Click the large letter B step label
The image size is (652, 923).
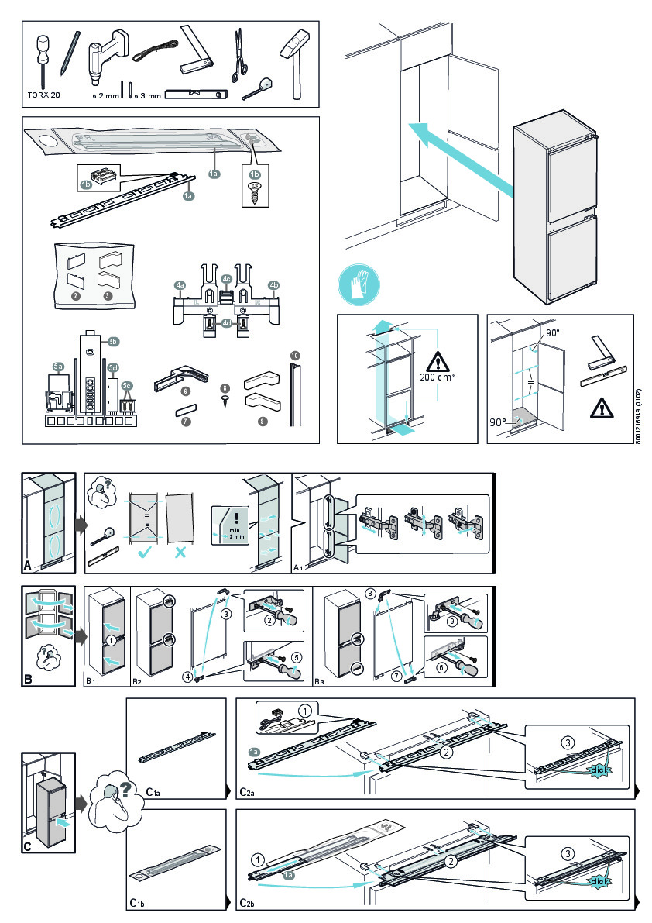tap(28, 680)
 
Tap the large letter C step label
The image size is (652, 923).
tap(28, 846)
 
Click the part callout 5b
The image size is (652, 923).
tap(113, 341)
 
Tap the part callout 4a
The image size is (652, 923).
tap(180, 286)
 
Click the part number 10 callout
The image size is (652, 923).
tap(295, 356)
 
